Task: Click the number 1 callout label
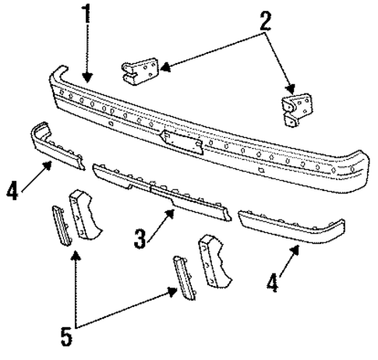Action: tap(86, 14)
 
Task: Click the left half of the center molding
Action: tap(121, 178)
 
